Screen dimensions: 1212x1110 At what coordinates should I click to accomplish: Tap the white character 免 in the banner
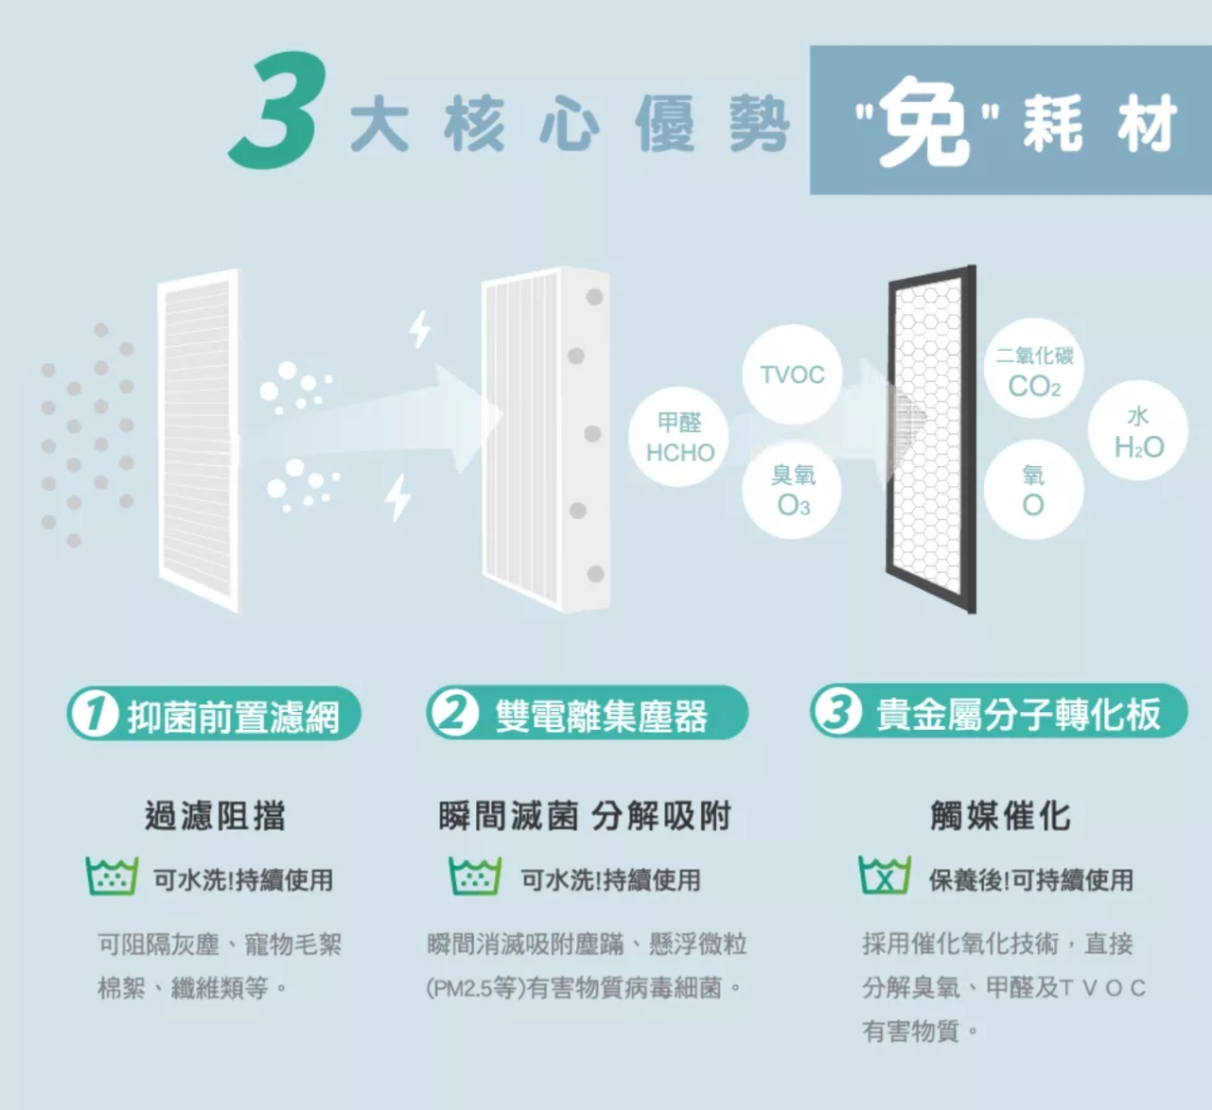point(924,122)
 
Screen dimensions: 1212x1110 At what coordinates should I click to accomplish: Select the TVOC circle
point(792,374)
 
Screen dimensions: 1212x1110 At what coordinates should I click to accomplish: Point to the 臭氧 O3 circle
point(792,489)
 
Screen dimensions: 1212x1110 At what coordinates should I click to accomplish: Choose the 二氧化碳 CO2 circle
point(1034,369)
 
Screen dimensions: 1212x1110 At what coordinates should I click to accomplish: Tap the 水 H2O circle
point(1137,430)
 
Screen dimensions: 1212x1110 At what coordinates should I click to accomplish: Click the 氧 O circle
point(1034,489)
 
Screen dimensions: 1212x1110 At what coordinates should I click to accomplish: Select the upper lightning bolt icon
point(420,329)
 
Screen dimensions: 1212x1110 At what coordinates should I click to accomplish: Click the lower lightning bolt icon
point(398,497)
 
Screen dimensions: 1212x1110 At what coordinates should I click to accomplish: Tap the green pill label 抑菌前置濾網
point(214,713)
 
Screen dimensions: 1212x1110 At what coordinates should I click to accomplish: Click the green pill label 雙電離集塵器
point(587,713)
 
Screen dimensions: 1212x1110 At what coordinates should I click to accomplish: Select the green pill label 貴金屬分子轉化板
point(999,711)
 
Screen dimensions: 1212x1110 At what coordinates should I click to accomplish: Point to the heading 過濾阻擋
point(215,816)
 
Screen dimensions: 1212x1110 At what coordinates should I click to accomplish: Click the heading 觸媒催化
point(1000,815)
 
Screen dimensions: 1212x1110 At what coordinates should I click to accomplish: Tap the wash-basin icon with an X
point(884,875)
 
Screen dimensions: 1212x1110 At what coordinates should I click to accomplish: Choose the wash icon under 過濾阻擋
point(112,876)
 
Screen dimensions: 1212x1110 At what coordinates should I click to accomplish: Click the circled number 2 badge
point(453,713)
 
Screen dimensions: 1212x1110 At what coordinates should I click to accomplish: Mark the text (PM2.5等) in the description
point(476,989)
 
